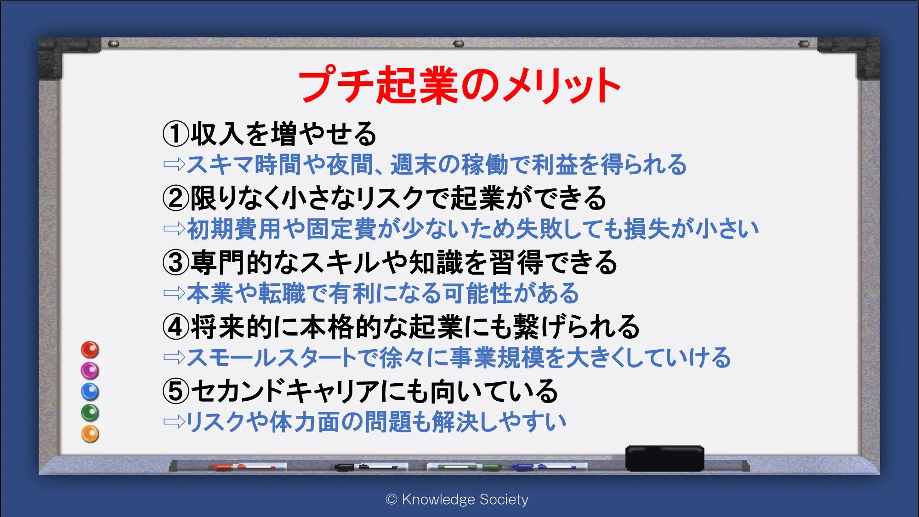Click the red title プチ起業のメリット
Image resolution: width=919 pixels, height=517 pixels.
click(x=459, y=85)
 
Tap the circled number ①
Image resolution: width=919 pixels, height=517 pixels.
click(x=176, y=134)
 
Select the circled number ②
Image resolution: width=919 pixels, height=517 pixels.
click(x=176, y=198)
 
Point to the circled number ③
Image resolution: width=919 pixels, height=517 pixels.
click(x=176, y=262)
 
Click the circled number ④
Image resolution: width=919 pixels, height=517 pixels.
click(x=176, y=327)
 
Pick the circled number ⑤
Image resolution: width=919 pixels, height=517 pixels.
click(x=176, y=391)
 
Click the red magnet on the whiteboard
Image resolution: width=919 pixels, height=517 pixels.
click(x=90, y=350)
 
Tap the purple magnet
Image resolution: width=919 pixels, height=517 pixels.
click(x=90, y=370)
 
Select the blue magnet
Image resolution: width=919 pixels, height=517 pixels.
click(x=90, y=392)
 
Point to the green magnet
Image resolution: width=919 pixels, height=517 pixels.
click(x=90, y=413)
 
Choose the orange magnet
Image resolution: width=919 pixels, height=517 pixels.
click(x=90, y=434)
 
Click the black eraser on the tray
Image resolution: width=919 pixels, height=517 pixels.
click(x=664, y=458)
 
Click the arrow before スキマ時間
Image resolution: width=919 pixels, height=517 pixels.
click(x=175, y=164)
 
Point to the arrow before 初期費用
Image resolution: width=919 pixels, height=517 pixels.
click(x=175, y=228)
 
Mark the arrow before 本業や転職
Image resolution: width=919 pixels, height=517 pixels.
click(x=175, y=293)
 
